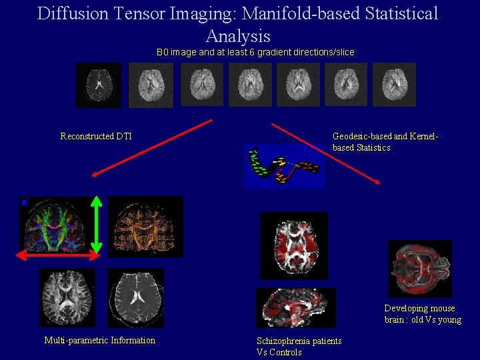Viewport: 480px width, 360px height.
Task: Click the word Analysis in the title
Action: point(238,36)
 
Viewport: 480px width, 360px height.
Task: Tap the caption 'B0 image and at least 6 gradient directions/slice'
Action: point(255,52)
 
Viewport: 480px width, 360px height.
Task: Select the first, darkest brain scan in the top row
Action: point(99,85)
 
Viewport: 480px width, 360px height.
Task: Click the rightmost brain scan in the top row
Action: point(394,85)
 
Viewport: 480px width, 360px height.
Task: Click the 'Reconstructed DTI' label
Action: point(96,137)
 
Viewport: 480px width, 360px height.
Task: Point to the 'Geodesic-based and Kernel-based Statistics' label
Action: point(385,142)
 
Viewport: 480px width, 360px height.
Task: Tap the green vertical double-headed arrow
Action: point(97,224)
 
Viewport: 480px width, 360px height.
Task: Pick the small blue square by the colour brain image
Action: point(24,202)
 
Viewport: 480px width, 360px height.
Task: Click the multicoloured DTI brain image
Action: point(57,223)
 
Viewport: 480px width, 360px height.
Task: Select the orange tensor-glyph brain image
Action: point(145,227)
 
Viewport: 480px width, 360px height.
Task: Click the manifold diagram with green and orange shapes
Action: point(284,167)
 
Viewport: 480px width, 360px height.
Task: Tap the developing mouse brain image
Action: point(420,268)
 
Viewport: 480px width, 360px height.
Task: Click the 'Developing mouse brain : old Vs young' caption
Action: point(422,314)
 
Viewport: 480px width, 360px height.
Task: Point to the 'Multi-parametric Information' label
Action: point(99,341)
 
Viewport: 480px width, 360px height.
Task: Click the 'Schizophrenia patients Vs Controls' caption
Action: point(299,347)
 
